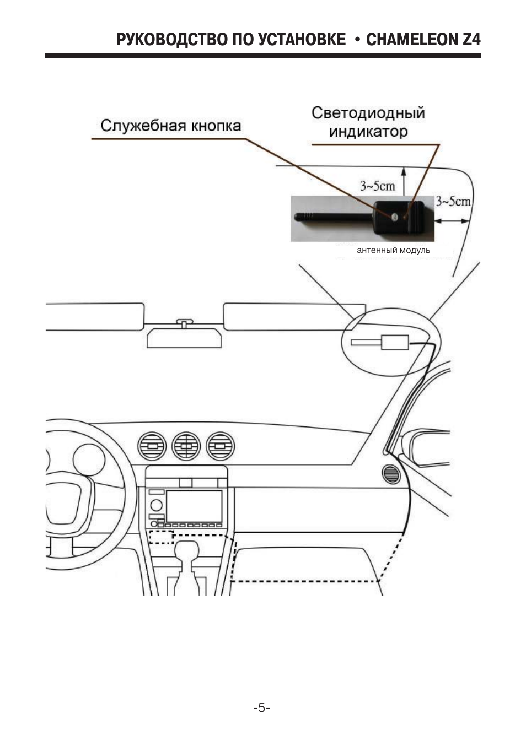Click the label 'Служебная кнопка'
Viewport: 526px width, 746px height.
[x=171, y=126]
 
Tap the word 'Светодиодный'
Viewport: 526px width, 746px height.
[x=368, y=113]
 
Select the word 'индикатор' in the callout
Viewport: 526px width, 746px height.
[x=368, y=131]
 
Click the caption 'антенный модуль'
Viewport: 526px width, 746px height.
[x=393, y=250]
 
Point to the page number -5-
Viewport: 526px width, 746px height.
[x=262, y=707]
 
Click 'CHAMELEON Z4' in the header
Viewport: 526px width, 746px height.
[x=423, y=39]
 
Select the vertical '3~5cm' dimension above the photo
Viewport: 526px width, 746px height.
[x=377, y=186]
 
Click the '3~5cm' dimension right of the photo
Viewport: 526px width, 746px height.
[x=453, y=201]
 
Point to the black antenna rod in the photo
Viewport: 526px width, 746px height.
[x=334, y=218]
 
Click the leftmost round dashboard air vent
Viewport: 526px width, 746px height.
[x=152, y=446]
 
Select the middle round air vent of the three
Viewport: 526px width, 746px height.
[x=186, y=446]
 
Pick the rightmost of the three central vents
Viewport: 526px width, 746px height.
[x=221, y=446]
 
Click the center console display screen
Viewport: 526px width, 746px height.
[x=194, y=506]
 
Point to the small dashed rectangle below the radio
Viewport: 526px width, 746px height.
[x=161, y=537]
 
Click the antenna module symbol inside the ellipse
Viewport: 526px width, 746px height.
[x=380, y=342]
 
